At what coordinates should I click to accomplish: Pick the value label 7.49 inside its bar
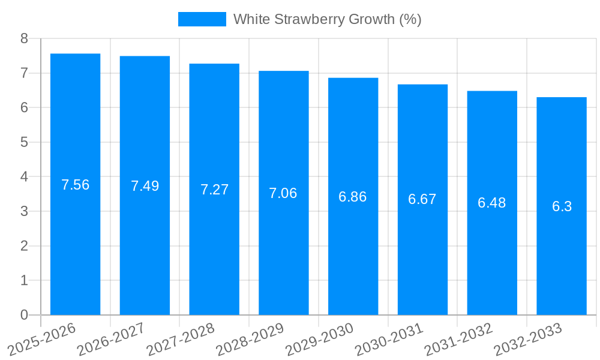point(145,186)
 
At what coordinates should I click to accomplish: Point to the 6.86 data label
point(353,197)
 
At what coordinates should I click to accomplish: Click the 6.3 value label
point(562,206)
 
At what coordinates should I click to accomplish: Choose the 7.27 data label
point(214,190)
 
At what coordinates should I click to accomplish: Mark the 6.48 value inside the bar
point(492,203)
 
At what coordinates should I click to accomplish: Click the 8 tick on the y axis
point(24,38)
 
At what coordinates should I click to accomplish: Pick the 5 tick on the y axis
point(24,142)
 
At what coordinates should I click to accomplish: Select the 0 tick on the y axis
point(24,315)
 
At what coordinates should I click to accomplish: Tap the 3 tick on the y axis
point(24,211)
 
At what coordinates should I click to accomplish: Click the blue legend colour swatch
point(202,19)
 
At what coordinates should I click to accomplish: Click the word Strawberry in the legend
point(304,19)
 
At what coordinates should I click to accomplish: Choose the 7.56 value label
point(76,185)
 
